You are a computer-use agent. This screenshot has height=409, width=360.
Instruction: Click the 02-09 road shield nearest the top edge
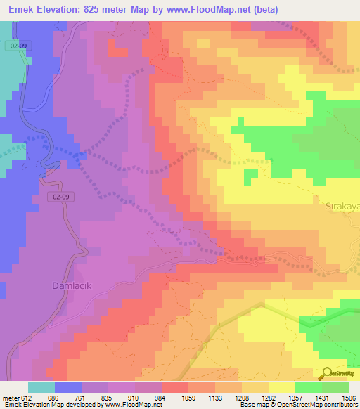pos(20,44)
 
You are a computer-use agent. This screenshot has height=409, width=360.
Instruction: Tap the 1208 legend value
pos(241,398)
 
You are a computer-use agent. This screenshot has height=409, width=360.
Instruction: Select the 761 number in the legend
pos(81,398)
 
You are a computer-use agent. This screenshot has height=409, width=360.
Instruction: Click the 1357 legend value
pos(295,398)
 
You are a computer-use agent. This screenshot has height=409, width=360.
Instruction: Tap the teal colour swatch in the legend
pos(41,387)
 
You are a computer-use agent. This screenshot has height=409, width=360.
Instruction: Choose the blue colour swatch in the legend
pos(67,387)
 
